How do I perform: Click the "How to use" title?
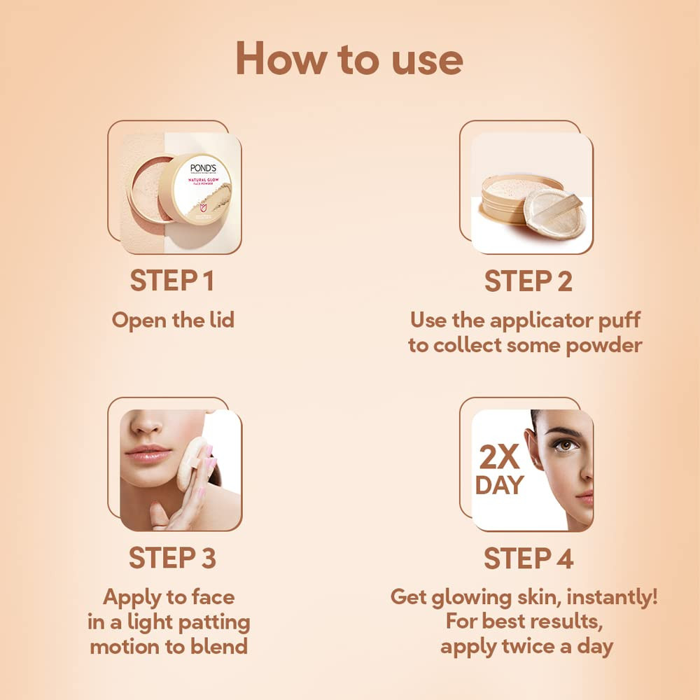pyautogui.click(x=349, y=59)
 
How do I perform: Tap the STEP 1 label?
pyautogui.click(x=171, y=281)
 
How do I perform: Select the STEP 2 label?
pyautogui.click(x=528, y=281)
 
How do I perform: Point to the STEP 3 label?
pyautogui.click(x=171, y=559)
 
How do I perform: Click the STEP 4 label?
pyautogui.click(x=528, y=559)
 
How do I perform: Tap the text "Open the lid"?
pyautogui.click(x=172, y=320)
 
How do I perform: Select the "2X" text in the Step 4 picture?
pyautogui.click(x=499, y=458)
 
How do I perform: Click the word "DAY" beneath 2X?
pyautogui.click(x=499, y=486)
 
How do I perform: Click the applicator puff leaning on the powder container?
pyautogui.click(x=553, y=210)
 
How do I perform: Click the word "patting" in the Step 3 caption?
pyautogui.click(x=211, y=622)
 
